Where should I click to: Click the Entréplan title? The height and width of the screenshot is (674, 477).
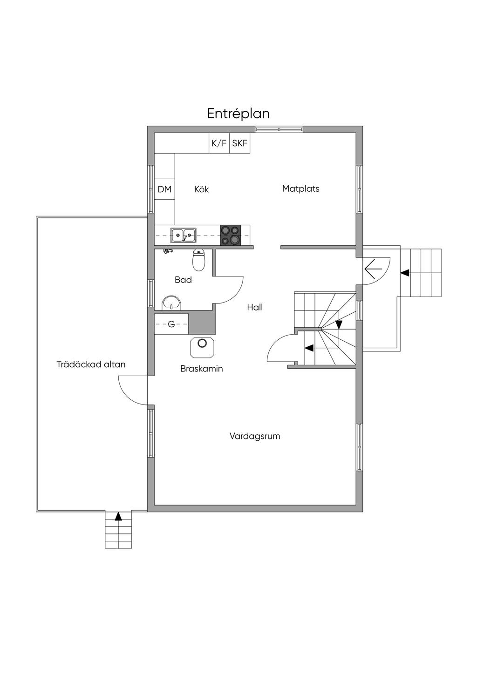click(x=238, y=114)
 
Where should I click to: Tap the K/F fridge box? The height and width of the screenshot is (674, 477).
click(x=219, y=143)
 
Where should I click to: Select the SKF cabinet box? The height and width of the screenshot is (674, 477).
click(x=239, y=143)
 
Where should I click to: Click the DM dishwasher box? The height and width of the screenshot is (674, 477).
click(x=164, y=189)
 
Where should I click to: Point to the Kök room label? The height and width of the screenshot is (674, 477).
click(x=201, y=189)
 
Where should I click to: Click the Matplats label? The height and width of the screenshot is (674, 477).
click(x=300, y=189)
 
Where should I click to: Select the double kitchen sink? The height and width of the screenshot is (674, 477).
click(x=183, y=235)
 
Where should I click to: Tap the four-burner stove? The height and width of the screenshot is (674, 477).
click(x=231, y=235)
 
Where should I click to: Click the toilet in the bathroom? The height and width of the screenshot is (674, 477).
click(x=199, y=260)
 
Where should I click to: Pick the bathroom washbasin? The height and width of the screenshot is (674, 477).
click(x=172, y=303)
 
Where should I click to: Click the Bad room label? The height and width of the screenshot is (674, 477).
click(x=183, y=280)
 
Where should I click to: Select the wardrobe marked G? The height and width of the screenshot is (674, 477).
click(x=171, y=324)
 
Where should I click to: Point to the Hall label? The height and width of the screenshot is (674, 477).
click(x=255, y=307)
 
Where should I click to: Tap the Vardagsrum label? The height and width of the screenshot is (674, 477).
click(x=255, y=436)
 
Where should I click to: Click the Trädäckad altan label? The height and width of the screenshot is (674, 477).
click(x=91, y=364)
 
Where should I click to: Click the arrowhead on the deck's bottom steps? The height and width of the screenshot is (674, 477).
click(x=118, y=516)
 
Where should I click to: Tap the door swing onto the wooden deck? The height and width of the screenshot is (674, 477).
click(x=133, y=390)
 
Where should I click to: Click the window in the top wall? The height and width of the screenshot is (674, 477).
click(x=279, y=129)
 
